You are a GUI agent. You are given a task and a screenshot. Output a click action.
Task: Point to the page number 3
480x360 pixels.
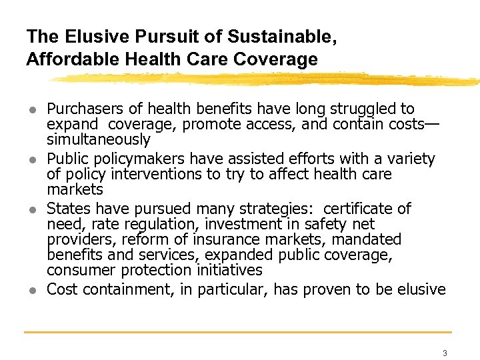click(x=445, y=353)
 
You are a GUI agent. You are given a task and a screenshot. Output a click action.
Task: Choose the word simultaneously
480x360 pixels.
click(x=99, y=140)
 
